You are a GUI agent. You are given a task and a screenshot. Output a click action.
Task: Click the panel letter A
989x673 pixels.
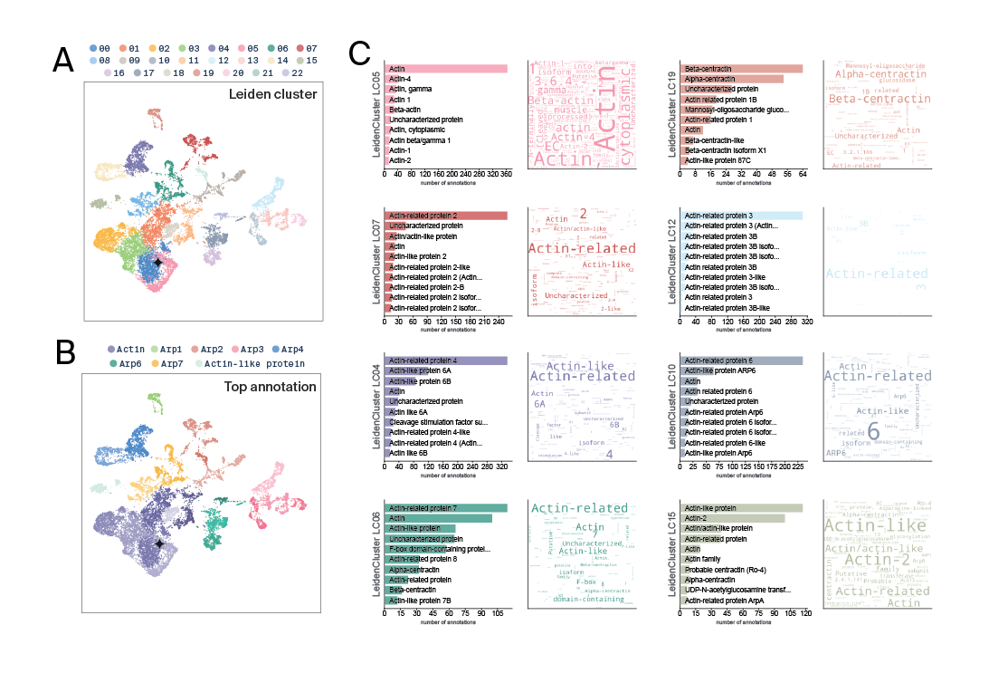coord(63,60)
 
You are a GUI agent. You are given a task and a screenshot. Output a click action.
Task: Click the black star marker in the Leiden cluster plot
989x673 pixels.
coord(157,262)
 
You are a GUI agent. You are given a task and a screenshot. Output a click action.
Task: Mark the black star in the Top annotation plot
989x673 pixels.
coord(159,543)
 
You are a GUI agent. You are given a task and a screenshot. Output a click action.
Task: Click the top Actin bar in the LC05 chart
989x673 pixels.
coord(446,69)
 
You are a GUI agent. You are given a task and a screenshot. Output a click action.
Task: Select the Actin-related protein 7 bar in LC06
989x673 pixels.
coord(446,508)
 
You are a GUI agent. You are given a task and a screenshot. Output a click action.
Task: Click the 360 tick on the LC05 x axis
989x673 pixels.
coord(506,174)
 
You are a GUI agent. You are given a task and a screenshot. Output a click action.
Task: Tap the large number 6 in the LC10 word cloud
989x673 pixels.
coord(873,431)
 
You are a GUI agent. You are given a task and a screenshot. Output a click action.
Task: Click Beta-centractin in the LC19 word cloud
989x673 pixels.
coord(866,99)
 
